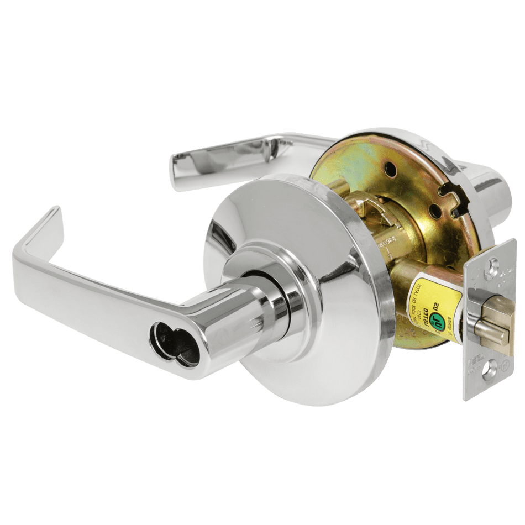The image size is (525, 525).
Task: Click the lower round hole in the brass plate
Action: click(435, 211)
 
